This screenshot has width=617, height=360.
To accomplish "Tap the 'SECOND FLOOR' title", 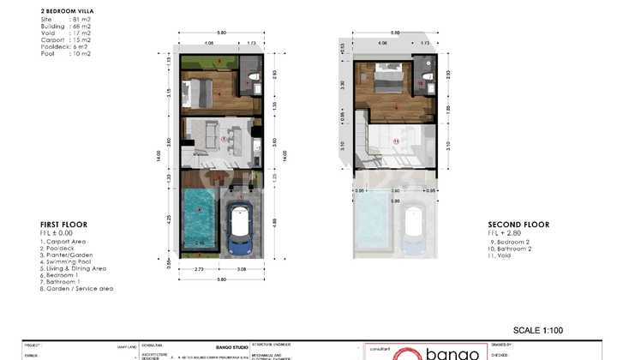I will [x=518, y=225].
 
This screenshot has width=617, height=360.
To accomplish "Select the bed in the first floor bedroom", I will [x=203, y=89].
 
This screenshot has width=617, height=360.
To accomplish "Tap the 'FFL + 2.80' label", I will [x=505, y=233].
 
